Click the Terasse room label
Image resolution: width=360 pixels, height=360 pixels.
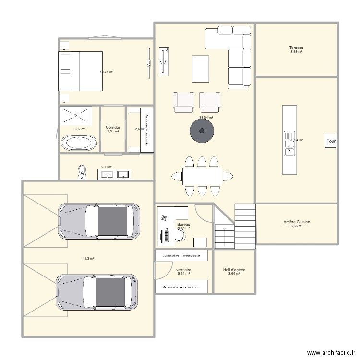click(x=296, y=48)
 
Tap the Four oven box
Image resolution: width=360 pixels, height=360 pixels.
click(x=331, y=141)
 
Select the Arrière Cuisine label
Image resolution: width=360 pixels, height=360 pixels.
click(x=296, y=222)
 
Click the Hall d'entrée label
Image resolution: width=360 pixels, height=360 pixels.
click(x=234, y=270)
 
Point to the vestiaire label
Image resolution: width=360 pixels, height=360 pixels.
click(x=184, y=270)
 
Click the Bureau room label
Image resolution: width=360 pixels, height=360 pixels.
click(x=183, y=224)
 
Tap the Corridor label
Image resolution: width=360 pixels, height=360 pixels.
click(x=113, y=128)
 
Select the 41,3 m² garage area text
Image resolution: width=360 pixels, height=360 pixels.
click(x=88, y=259)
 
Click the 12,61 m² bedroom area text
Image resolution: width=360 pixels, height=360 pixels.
click(x=106, y=72)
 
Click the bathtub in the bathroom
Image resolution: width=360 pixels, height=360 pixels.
click(x=79, y=143)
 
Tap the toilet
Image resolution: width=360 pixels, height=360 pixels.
click(x=82, y=172)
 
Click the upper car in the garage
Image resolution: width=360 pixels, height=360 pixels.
click(x=99, y=221)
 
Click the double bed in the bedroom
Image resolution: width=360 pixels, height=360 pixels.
click(x=81, y=71)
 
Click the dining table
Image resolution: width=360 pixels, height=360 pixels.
click(x=202, y=176)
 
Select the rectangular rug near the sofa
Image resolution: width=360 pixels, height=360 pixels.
click(x=201, y=69)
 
